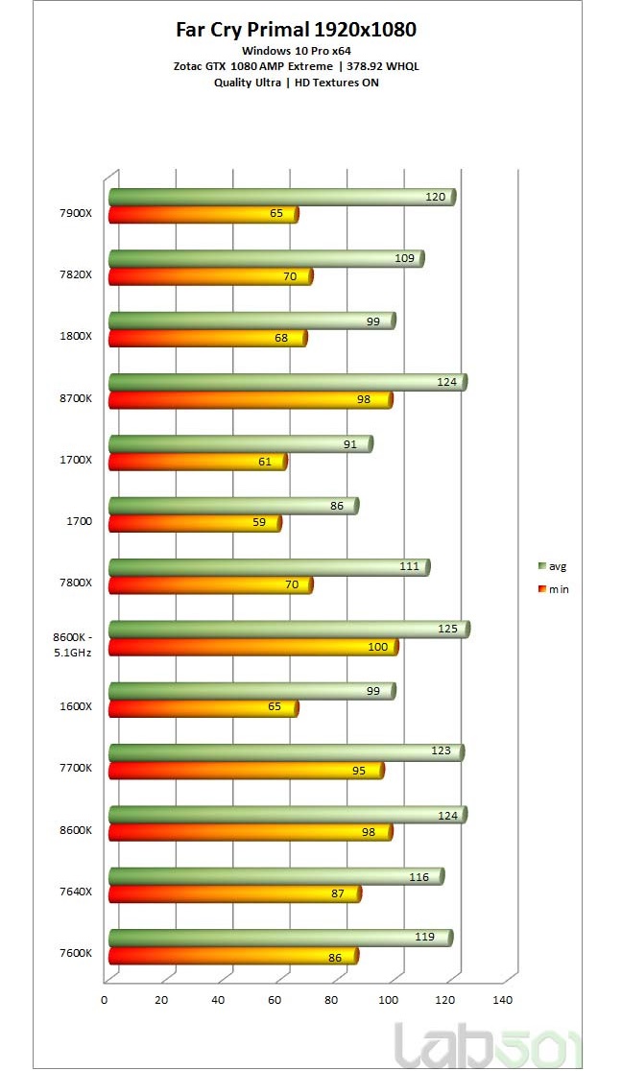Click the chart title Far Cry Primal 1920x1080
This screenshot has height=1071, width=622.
coord(296,30)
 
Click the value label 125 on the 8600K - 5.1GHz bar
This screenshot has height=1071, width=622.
coord(445,629)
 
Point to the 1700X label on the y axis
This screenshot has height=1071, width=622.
coord(75,459)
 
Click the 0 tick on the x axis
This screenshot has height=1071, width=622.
coord(105,1000)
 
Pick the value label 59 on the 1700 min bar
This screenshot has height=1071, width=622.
coord(260,523)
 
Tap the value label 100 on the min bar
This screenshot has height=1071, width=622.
coord(378,647)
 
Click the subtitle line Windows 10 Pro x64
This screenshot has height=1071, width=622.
coord(296,50)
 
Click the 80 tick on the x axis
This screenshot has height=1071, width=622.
coord(332,1000)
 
